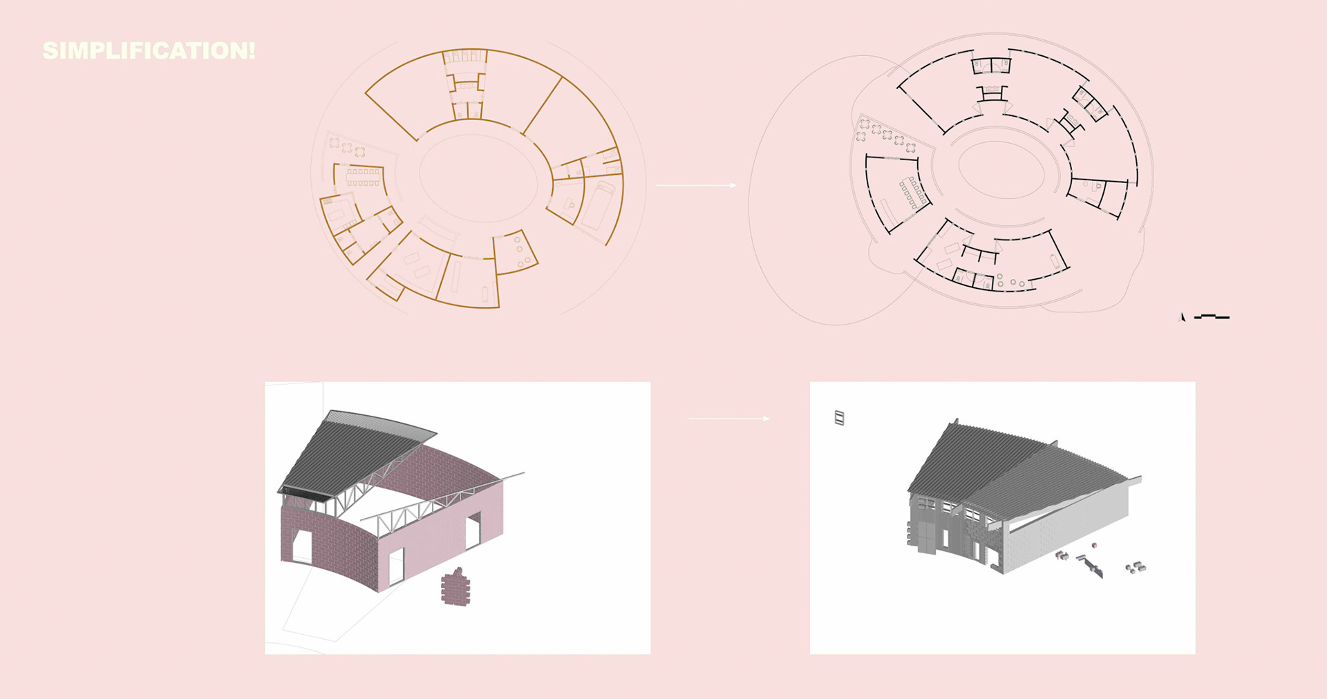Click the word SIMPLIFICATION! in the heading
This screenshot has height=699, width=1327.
[149, 50]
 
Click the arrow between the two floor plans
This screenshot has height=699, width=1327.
[696, 185]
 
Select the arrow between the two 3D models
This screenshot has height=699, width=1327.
[729, 419]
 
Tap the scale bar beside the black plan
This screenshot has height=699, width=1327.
[1212, 316]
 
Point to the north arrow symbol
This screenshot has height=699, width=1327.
[1182, 317]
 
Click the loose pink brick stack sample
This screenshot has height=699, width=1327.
[455, 588]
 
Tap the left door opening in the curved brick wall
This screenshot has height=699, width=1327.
[303, 546]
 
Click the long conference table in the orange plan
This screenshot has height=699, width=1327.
[364, 177]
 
